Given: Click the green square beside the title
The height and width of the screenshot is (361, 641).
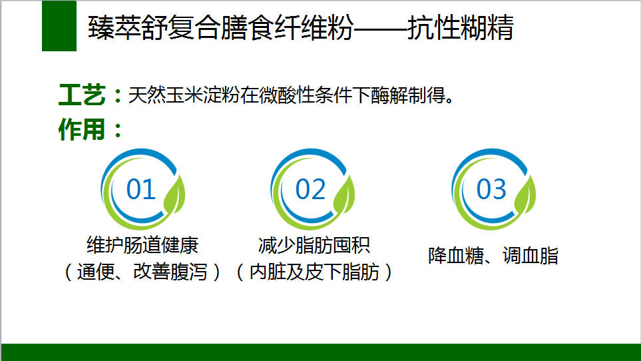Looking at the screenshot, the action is pyautogui.click(x=59, y=26).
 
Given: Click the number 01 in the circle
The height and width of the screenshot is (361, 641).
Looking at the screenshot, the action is pyautogui.click(x=141, y=189).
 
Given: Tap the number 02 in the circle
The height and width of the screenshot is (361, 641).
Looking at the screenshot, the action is pyautogui.click(x=310, y=189).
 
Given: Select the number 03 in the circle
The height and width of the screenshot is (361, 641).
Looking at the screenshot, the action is pyautogui.click(x=491, y=189).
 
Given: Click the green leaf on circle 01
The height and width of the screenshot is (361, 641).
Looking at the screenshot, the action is pyautogui.click(x=174, y=194).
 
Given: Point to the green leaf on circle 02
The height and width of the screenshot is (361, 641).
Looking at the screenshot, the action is pyautogui.click(x=344, y=194).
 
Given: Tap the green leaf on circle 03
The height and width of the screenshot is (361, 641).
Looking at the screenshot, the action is pyautogui.click(x=525, y=194).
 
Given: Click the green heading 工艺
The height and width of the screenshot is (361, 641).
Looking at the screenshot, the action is pyautogui.click(x=82, y=95).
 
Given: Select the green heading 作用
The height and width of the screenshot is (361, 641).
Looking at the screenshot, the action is pyautogui.click(x=82, y=130).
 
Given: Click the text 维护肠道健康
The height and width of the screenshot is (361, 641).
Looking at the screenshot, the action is pyautogui.click(x=142, y=245).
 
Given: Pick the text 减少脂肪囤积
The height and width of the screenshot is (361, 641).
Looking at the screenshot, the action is pyautogui.click(x=314, y=245).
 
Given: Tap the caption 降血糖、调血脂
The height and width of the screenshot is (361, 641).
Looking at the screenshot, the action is pyautogui.click(x=493, y=256).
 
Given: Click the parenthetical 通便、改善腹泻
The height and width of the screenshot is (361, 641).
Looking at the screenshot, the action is pyautogui.click(x=142, y=272).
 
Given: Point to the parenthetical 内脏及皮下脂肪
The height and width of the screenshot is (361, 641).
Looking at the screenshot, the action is pyautogui.click(x=314, y=272).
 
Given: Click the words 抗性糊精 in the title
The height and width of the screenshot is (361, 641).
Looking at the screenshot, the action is pyautogui.click(x=461, y=28).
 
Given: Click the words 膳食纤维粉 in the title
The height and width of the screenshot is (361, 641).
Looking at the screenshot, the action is pyautogui.click(x=288, y=28).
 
